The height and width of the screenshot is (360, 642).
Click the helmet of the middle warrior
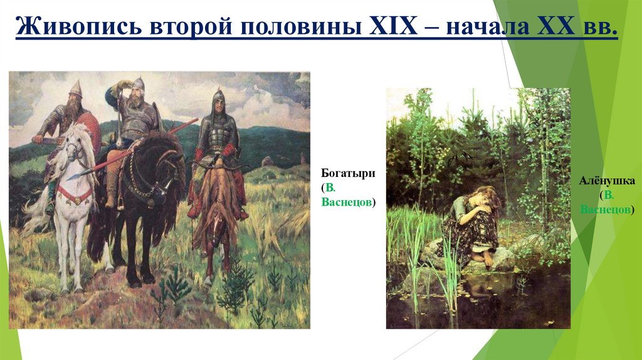tap(139, 82)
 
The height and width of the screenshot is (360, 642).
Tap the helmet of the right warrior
tap(218, 96)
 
